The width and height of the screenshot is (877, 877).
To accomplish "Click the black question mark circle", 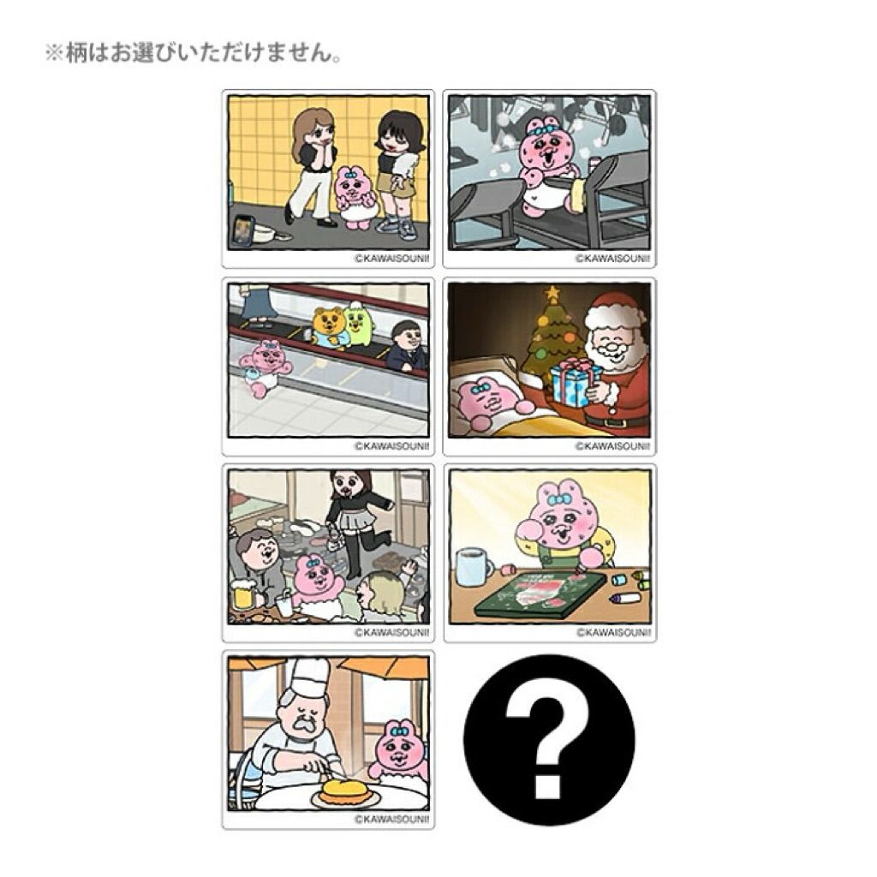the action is click(549, 739).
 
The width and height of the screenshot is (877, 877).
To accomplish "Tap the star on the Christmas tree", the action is click(552, 293).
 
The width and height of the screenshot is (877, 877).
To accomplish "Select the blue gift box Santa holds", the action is click(575, 383).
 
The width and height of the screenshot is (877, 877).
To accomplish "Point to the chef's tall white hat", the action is click(307, 679).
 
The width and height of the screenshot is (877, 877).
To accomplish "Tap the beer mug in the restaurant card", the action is click(244, 596).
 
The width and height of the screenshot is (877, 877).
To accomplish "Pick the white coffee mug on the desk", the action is click(473, 567).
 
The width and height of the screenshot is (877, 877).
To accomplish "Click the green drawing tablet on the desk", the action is click(540, 594).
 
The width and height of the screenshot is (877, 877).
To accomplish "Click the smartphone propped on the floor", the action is click(244, 230).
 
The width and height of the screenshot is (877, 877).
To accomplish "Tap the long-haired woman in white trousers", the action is click(312, 167).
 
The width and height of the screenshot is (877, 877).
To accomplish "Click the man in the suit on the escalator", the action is click(408, 346).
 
